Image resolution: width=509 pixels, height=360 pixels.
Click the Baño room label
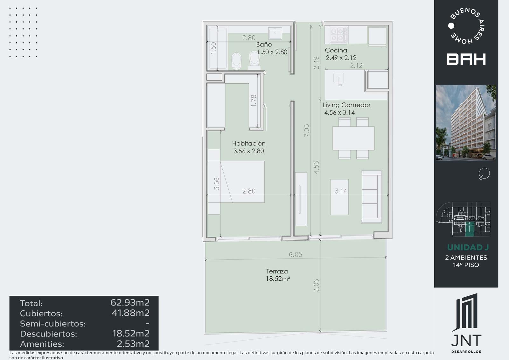click(264, 44)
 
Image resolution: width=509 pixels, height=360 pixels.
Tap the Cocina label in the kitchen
click(336, 50)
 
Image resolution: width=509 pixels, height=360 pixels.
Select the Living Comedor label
click(346, 105)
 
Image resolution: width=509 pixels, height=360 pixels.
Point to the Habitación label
click(248, 144)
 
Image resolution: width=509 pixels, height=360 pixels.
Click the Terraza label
click(277, 271)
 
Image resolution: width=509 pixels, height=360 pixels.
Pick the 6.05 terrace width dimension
click(296, 254)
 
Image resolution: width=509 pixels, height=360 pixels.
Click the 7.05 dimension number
click(307, 130)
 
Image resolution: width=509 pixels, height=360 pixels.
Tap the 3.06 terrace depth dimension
click(316, 286)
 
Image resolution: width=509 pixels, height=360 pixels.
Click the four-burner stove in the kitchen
click(338, 35)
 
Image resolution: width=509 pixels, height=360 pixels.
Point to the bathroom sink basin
click(275, 33)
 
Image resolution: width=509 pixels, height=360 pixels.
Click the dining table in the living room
click(353, 138)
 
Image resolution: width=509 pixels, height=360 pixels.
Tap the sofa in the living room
click(372, 196)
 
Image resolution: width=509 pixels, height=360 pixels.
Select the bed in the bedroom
click(242, 182)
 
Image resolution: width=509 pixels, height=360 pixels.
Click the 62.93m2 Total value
click(130, 302)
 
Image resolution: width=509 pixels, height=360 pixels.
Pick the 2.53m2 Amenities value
click(133, 344)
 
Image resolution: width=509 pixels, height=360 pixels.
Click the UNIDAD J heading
click(468, 247)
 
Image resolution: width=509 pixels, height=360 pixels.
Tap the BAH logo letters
click(466, 59)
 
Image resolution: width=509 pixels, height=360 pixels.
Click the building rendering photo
click(466, 123)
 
